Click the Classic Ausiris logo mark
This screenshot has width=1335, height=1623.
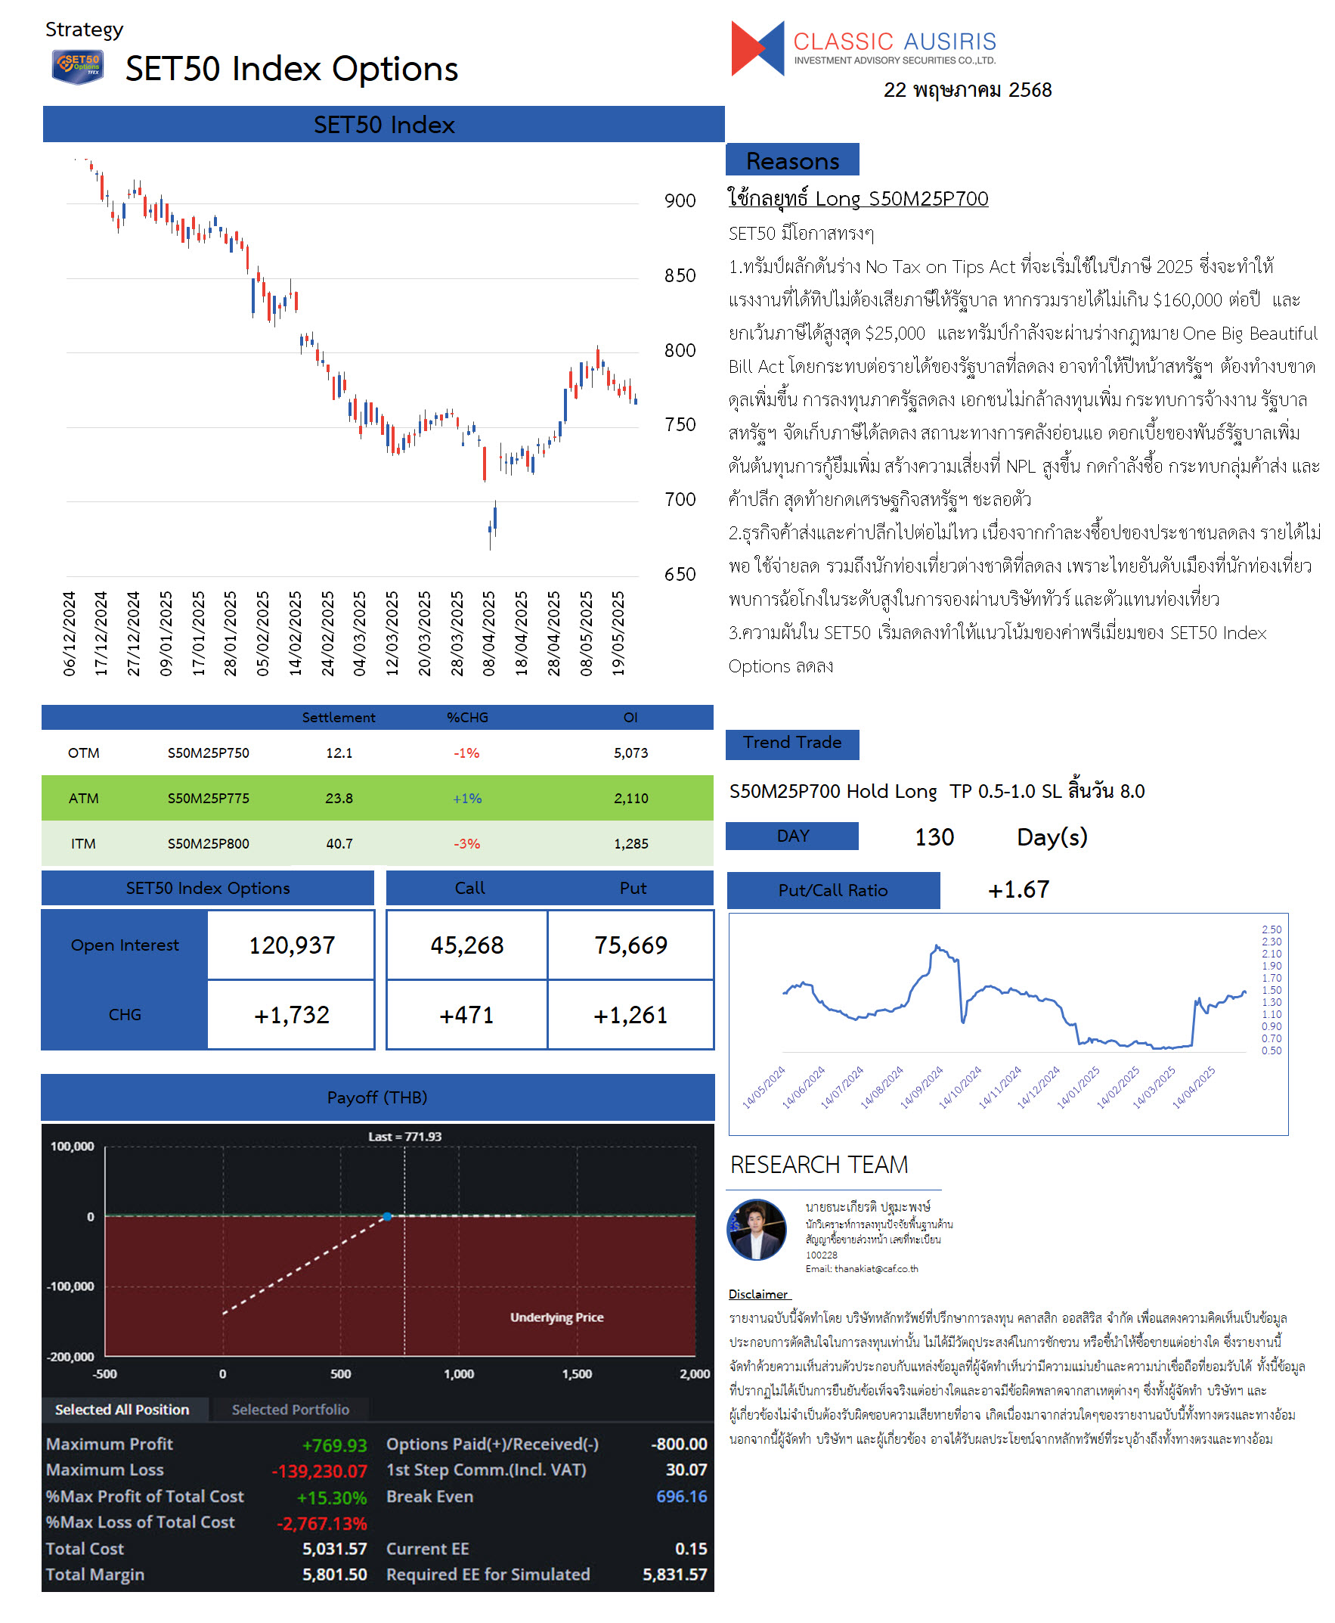tap(757, 48)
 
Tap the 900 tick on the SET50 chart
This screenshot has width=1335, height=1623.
tap(680, 200)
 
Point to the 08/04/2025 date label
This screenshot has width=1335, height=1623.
tap(489, 633)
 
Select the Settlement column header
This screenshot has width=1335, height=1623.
tap(339, 717)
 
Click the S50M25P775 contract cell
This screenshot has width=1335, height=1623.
tap(209, 798)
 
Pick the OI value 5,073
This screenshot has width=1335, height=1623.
tap(630, 753)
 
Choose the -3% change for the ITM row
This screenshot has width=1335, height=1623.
tap(466, 843)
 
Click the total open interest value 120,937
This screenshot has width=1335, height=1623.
tap(292, 945)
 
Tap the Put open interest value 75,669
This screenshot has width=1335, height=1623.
tap(630, 945)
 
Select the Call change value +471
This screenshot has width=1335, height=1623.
tap(466, 1015)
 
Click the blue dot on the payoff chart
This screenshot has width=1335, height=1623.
tap(388, 1216)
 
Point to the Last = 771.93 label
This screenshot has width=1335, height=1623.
tap(404, 1136)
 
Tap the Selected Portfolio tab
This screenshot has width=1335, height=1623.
tap(291, 1409)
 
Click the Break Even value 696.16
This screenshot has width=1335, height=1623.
tap(681, 1496)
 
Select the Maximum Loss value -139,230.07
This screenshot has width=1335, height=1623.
tap(319, 1471)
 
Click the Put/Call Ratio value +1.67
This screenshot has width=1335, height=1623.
tap(1018, 889)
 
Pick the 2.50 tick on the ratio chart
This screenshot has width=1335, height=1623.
tap(1272, 929)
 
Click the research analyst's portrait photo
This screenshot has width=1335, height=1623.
tap(757, 1228)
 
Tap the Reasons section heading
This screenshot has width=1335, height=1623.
tap(792, 160)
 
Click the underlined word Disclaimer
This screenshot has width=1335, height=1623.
tap(758, 1294)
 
